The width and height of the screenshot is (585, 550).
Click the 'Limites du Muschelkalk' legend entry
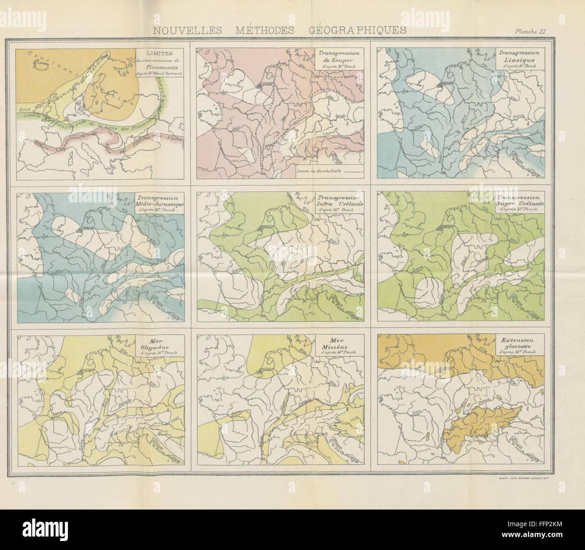[328, 170]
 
